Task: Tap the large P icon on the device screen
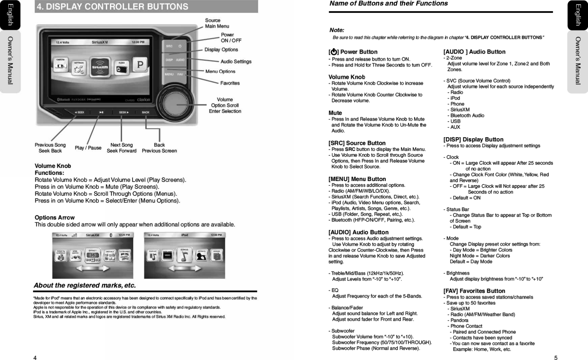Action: click(140, 65)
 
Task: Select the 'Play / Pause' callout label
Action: click(88, 148)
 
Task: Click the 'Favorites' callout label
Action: click(230, 83)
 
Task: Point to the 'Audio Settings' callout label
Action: click(236, 62)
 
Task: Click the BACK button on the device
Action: click(146, 112)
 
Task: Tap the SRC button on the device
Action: click(169, 46)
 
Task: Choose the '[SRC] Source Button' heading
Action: click(357, 143)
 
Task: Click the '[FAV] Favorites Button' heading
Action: click(474, 291)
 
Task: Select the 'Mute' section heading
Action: click(335, 113)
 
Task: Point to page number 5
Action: click(556, 358)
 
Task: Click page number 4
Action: click(35, 358)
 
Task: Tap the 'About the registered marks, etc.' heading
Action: click(85, 286)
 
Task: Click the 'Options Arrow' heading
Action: click(55, 218)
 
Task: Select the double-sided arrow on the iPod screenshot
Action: click(184, 268)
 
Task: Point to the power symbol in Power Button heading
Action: click(334, 52)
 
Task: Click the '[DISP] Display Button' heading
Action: click(473, 140)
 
